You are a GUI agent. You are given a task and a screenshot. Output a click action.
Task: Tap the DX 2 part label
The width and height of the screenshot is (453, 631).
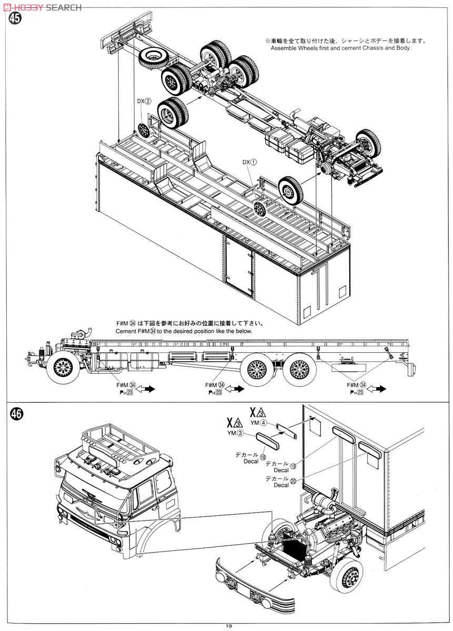click(144, 101)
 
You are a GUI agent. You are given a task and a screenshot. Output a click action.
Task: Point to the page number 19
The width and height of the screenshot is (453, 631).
click(227, 625)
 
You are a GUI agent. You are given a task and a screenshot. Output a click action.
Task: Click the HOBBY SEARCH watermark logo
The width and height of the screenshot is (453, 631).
click(42, 7)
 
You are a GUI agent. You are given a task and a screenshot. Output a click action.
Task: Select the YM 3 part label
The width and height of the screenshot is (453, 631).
click(235, 433)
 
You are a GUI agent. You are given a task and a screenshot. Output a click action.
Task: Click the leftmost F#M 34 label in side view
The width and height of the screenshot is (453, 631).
click(126, 385)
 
